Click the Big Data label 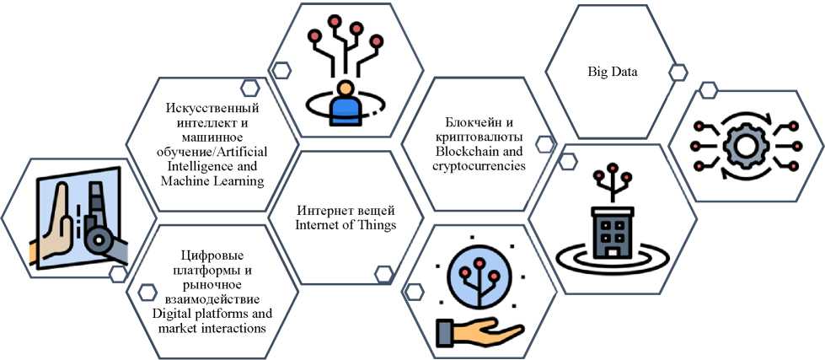(612, 73)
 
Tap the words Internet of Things (346, 225)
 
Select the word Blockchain (476, 152)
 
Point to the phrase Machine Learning (212, 181)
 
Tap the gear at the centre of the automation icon (745, 147)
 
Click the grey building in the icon (613, 233)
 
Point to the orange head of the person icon (345, 88)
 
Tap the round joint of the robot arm (98, 240)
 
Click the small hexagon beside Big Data (678, 73)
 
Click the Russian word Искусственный (212, 110)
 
